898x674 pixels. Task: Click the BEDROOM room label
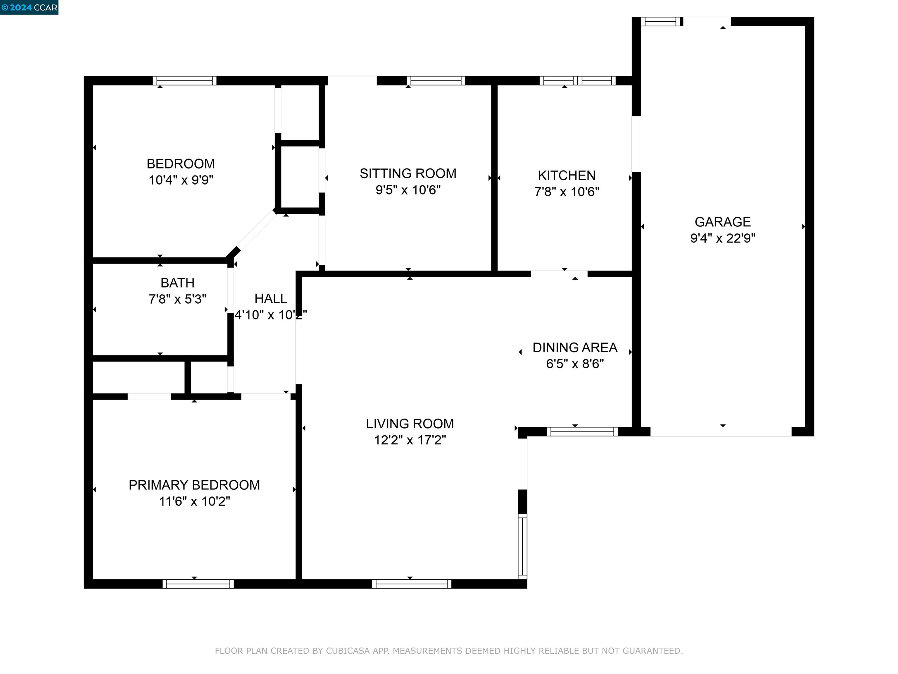181,164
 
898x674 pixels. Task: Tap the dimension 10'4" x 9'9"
181,180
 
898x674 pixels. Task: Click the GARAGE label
723,222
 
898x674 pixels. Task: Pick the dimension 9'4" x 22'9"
723,238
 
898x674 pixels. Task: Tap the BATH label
177,283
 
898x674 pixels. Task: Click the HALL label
271,299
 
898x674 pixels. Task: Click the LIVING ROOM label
410,424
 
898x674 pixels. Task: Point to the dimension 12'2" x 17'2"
410,440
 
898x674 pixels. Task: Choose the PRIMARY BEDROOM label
194,485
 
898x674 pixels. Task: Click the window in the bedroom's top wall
185,80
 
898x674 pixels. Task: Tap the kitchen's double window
577,80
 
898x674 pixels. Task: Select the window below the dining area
582,431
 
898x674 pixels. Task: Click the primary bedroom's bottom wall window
198,584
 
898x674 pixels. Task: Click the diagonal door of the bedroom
256,231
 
